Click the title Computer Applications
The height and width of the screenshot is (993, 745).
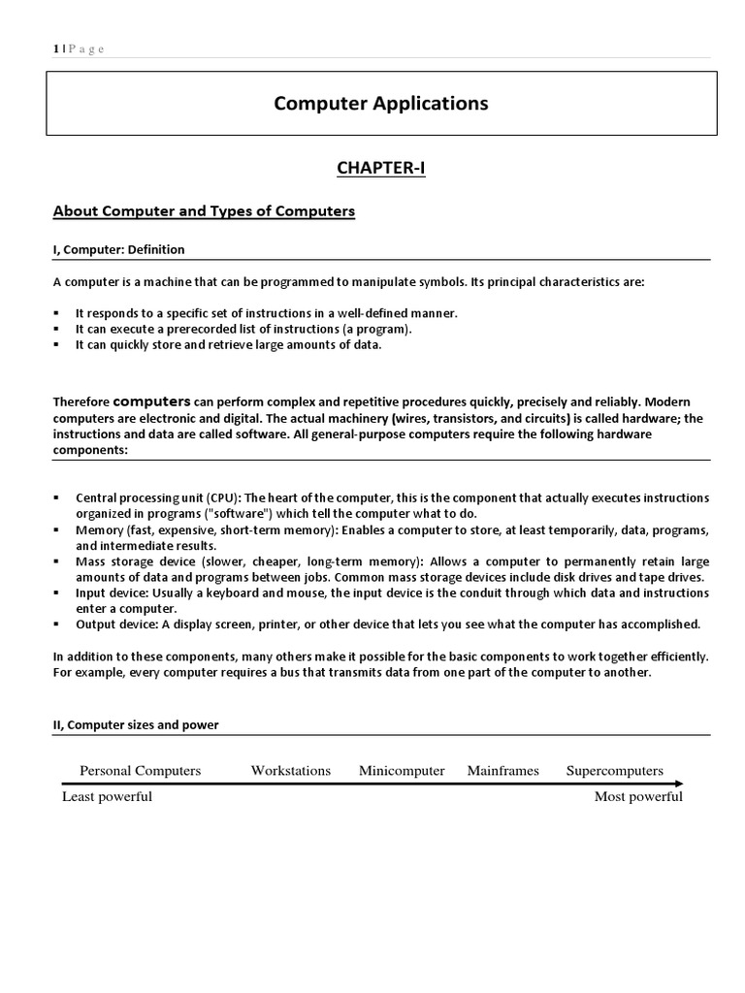(x=380, y=103)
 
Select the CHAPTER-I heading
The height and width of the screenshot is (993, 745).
(x=380, y=169)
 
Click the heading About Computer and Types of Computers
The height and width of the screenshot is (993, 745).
(x=204, y=211)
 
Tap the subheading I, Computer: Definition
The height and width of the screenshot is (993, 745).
(x=118, y=249)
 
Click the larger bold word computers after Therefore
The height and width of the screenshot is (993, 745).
(x=151, y=400)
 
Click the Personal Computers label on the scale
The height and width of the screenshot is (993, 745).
(x=140, y=771)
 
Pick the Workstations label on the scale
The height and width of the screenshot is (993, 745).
(x=290, y=771)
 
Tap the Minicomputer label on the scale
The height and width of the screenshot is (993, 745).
(x=402, y=771)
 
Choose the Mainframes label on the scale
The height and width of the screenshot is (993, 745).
(x=502, y=771)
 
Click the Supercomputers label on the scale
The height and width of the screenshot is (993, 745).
(x=614, y=771)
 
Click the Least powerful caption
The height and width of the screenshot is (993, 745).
(x=107, y=797)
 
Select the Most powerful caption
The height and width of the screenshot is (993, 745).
(x=638, y=797)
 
